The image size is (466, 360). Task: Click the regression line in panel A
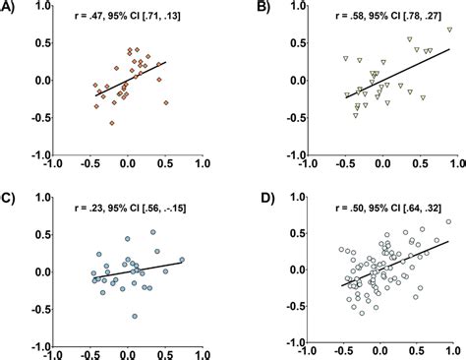(128, 79)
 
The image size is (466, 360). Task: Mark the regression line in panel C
(128, 270)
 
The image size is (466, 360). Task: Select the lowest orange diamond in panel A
(112, 123)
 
